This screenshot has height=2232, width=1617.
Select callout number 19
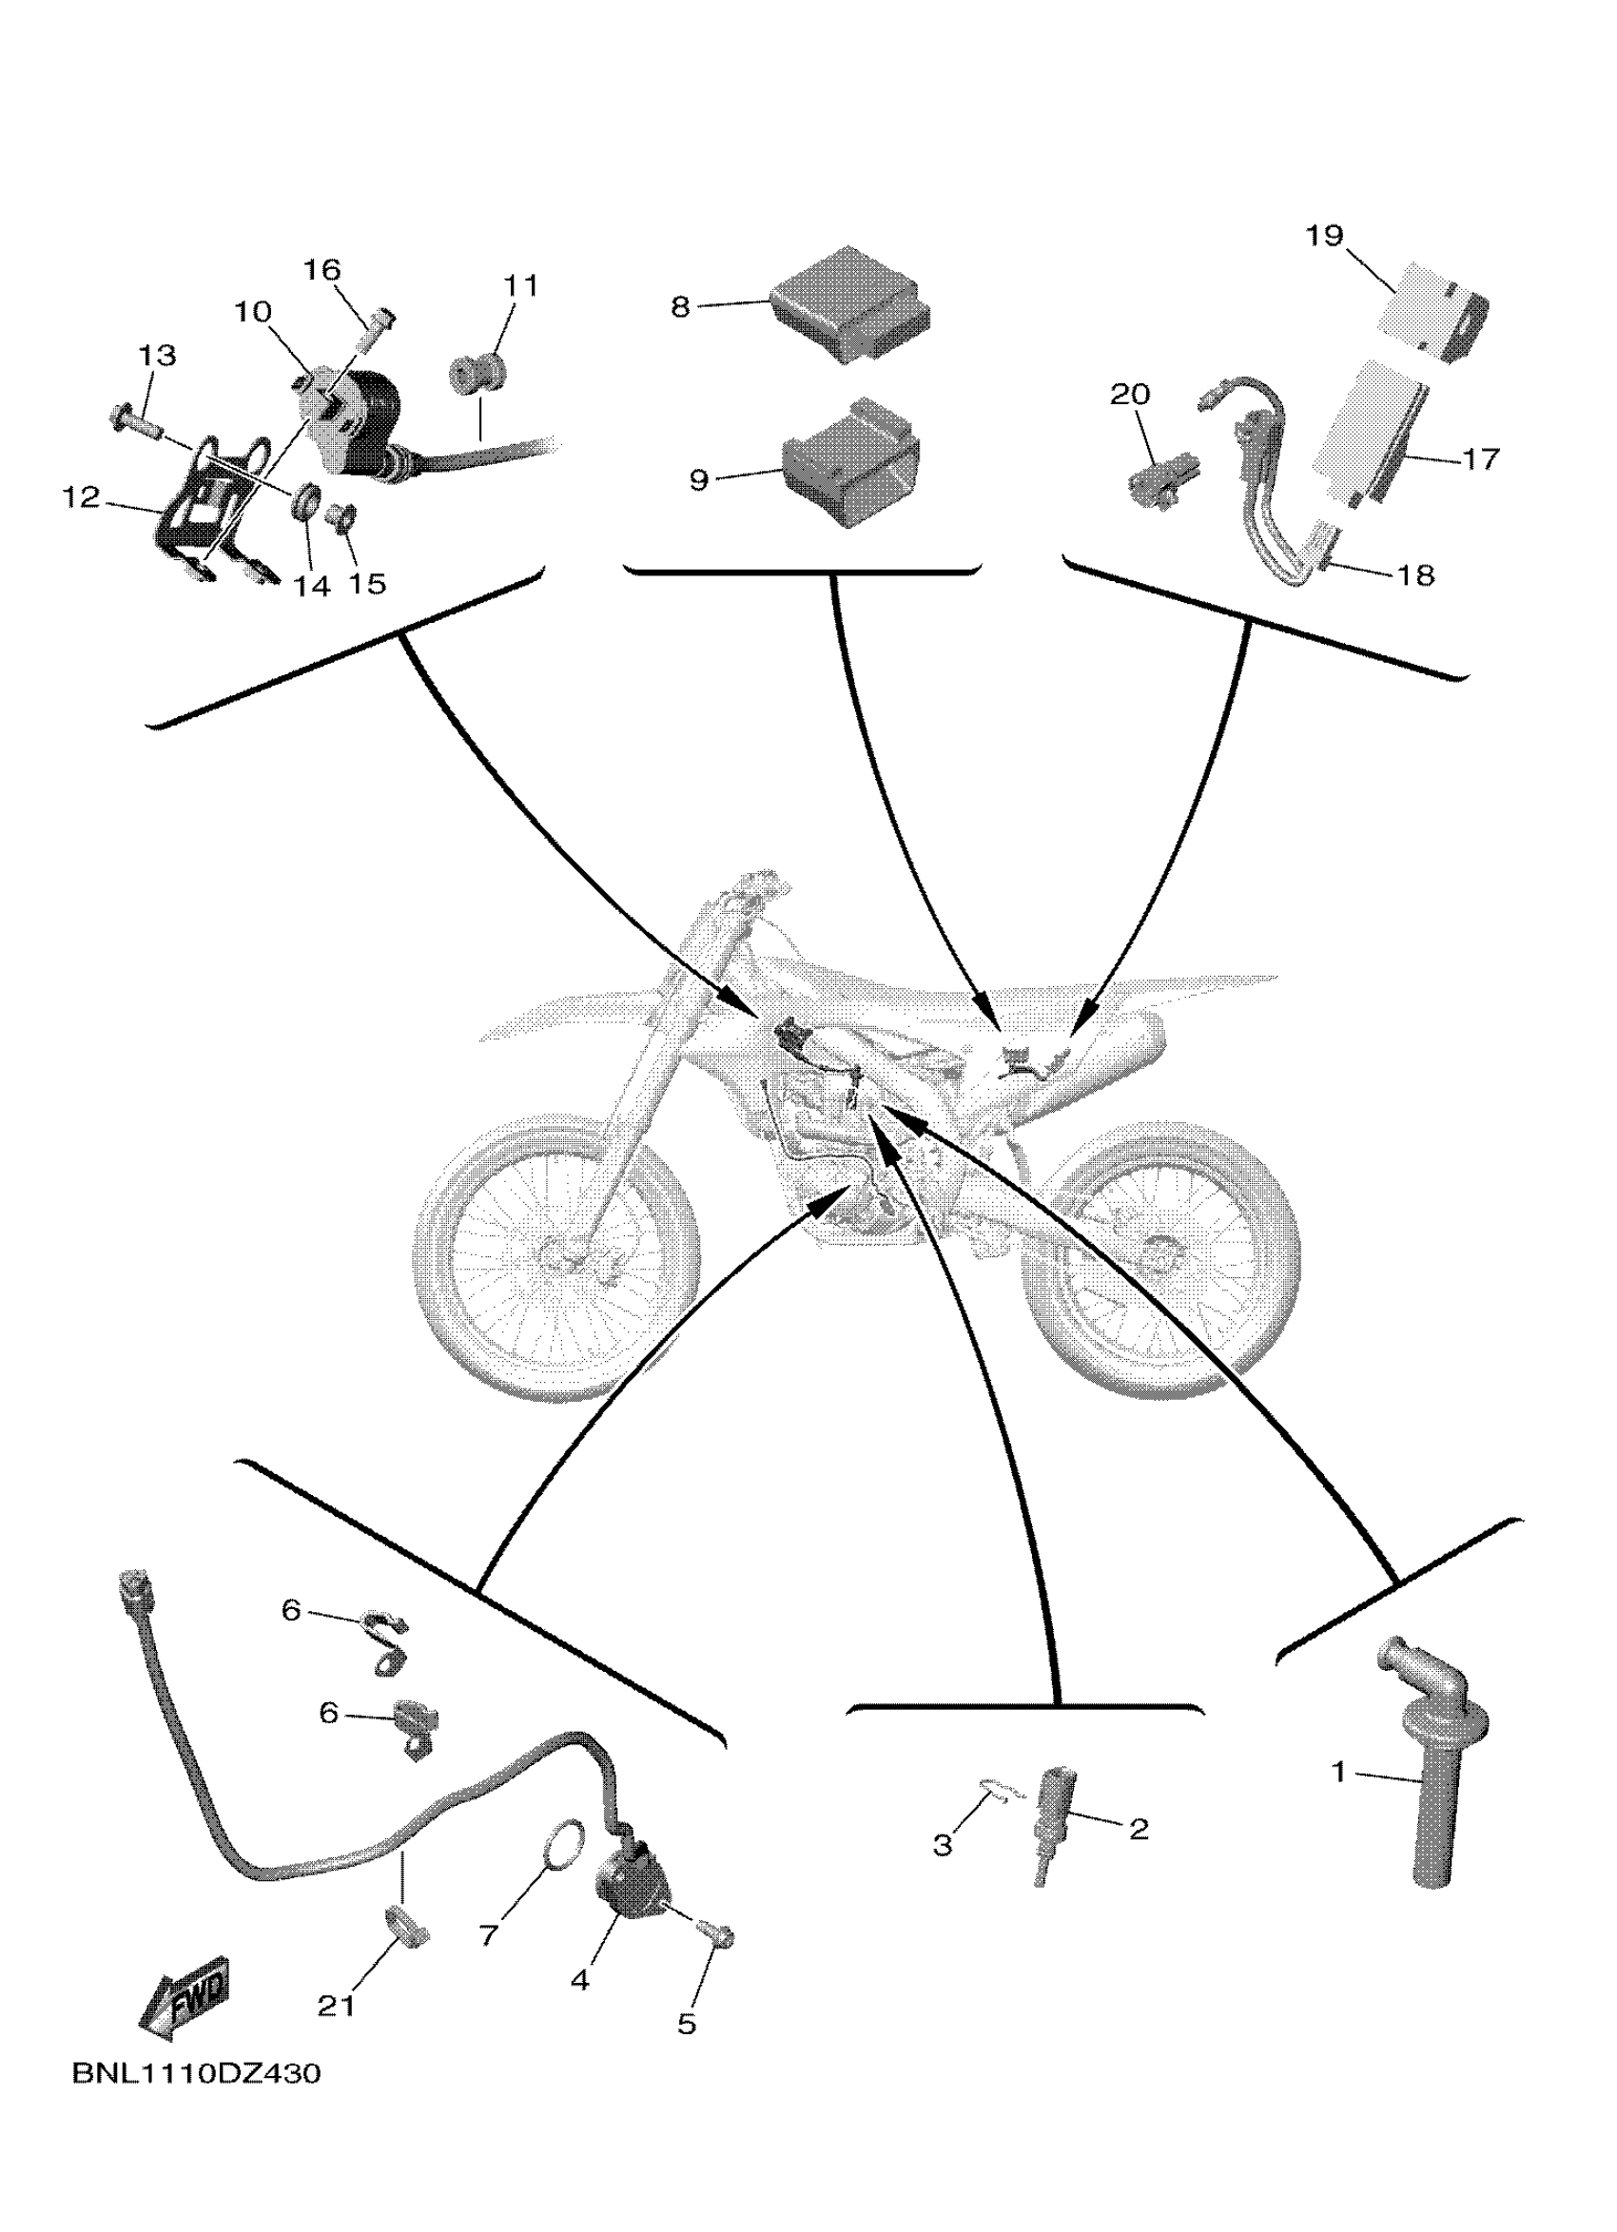click(1325, 236)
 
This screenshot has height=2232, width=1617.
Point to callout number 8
click(680, 307)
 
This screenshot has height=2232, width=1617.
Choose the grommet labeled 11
click(478, 375)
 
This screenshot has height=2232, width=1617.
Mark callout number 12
click(82, 498)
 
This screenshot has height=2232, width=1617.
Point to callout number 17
click(1479, 458)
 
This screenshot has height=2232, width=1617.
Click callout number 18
click(1415, 574)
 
